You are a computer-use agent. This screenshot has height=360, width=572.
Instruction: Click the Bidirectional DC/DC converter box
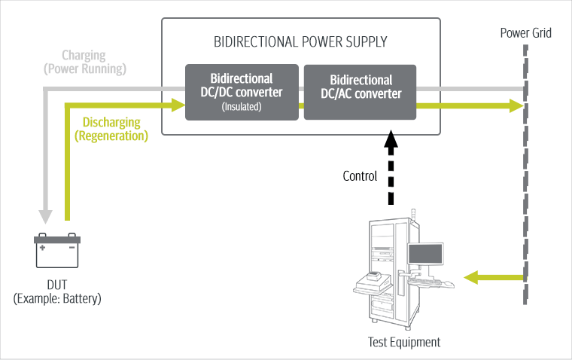242,92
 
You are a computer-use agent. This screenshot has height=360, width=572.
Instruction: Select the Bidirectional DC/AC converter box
361,92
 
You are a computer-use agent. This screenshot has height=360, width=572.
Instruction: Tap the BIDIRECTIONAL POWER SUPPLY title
300,41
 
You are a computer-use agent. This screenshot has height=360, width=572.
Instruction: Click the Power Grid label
526,34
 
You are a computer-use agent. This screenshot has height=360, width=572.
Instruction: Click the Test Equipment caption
403,343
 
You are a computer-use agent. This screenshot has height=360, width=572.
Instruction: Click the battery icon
57,252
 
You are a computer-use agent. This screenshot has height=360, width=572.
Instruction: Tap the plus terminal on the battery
44,246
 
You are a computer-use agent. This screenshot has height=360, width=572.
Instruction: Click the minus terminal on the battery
71,246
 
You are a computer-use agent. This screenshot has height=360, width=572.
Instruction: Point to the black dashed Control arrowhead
390,141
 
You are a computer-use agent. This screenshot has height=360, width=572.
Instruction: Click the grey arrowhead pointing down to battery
46,216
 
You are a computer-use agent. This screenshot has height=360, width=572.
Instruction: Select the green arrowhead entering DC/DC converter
178,106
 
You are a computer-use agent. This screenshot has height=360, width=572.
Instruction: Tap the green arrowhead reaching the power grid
516,106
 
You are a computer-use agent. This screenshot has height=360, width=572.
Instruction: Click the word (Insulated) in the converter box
242,108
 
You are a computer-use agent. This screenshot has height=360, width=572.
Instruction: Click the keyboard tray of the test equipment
435,283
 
